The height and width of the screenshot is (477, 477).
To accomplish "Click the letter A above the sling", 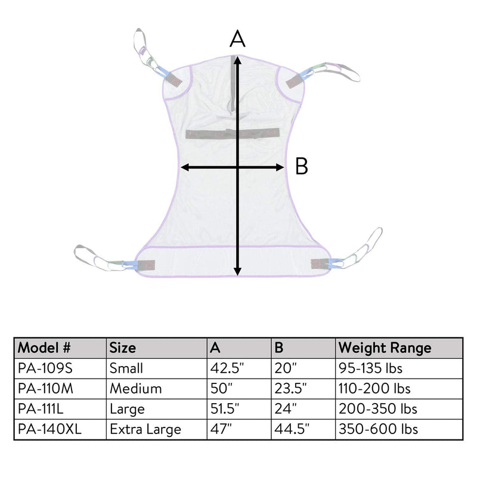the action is [237, 38].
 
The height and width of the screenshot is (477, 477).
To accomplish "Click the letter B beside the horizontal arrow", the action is [302, 166].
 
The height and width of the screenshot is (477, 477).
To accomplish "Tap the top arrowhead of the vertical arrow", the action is [237, 60].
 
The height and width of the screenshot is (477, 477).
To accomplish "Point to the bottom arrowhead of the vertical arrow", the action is [237, 272].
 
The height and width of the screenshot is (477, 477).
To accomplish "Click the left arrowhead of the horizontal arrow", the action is [185, 167].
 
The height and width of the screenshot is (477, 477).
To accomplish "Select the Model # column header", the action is [44, 348].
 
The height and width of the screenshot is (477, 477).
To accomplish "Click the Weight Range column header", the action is [385, 348].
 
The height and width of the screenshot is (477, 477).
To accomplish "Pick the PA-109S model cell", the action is [45, 368].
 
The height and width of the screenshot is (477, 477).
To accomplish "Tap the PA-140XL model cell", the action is [49, 429].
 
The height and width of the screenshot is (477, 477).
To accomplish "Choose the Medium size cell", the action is [136, 389].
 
